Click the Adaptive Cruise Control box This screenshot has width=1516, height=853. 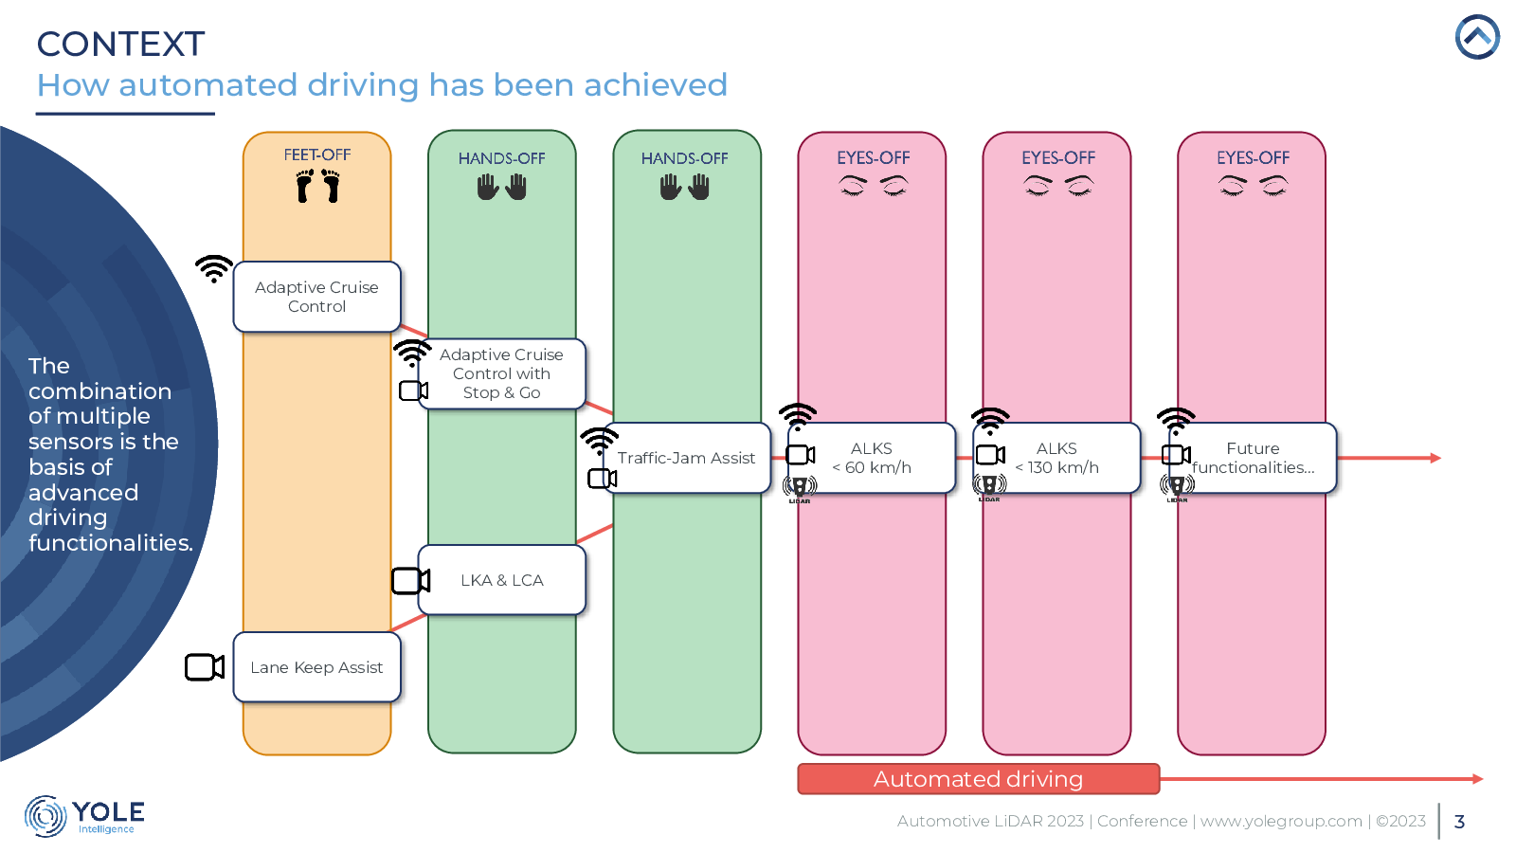click(x=316, y=297)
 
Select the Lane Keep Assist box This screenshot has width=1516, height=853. click(x=316, y=667)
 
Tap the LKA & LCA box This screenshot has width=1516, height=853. click(x=501, y=580)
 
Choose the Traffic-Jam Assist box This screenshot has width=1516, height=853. click(x=686, y=458)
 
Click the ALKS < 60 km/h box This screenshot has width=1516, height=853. click(x=872, y=458)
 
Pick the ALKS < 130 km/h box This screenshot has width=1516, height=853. click(x=1056, y=458)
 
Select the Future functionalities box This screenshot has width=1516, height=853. click(x=1253, y=458)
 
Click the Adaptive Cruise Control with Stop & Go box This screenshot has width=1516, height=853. click(x=501, y=373)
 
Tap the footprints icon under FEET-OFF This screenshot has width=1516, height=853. click(x=317, y=186)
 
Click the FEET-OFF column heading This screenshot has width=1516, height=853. click(x=317, y=155)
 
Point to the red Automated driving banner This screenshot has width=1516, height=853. click(x=979, y=778)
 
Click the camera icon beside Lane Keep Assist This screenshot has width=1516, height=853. click(x=205, y=667)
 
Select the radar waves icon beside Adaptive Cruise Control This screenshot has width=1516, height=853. click(x=214, y=269)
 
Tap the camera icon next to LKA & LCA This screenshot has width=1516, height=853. click(x=411, y=581)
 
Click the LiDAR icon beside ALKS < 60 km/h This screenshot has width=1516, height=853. click(x=800, y=489)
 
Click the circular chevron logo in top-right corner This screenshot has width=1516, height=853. click(x=1477, y=37)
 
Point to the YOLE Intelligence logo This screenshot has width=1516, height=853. click(x=84, y=816)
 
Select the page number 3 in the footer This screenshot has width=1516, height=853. click(x=1459, y=822)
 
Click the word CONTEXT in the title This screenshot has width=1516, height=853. click(x=120, y=44)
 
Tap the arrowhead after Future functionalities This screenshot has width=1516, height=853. click(x=1435, y=458)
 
